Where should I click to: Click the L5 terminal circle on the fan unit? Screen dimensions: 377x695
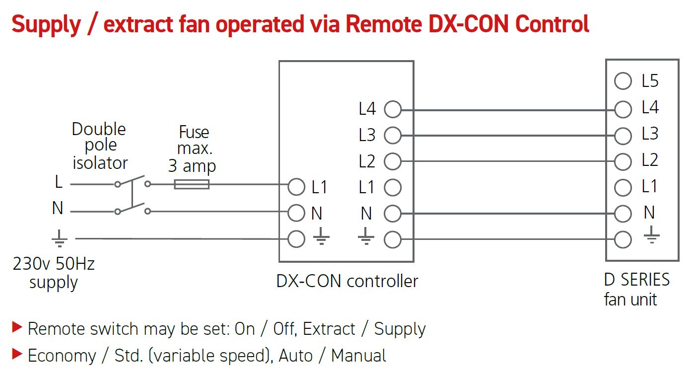pos(623,81)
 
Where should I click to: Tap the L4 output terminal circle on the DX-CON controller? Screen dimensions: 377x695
pos(393,109)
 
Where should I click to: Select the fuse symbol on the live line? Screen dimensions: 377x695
pos(192,184)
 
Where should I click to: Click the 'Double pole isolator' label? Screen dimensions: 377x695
pos(99,146)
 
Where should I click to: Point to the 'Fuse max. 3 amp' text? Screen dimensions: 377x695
pos(193,149)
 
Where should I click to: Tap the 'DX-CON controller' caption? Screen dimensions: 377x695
pos(347,281)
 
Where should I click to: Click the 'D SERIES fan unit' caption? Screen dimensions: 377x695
pos(636,290)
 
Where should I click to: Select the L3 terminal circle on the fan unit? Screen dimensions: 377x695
pos(623,135)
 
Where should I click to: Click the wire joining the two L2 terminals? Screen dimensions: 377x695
pos(506,161)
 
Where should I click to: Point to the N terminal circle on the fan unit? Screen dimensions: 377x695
pos(623,214)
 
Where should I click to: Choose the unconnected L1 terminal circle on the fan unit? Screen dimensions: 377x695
pos(623,187)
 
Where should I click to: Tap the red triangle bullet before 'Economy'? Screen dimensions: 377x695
pos(17,354)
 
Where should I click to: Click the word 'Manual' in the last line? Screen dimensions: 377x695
pos(358,356)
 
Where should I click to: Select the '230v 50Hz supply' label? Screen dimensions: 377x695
pos(54,273)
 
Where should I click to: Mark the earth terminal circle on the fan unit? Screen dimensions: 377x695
pos(623,240)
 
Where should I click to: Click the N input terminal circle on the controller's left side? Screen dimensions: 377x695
pos(296,213)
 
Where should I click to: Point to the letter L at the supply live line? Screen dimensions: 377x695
pos(59,182)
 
